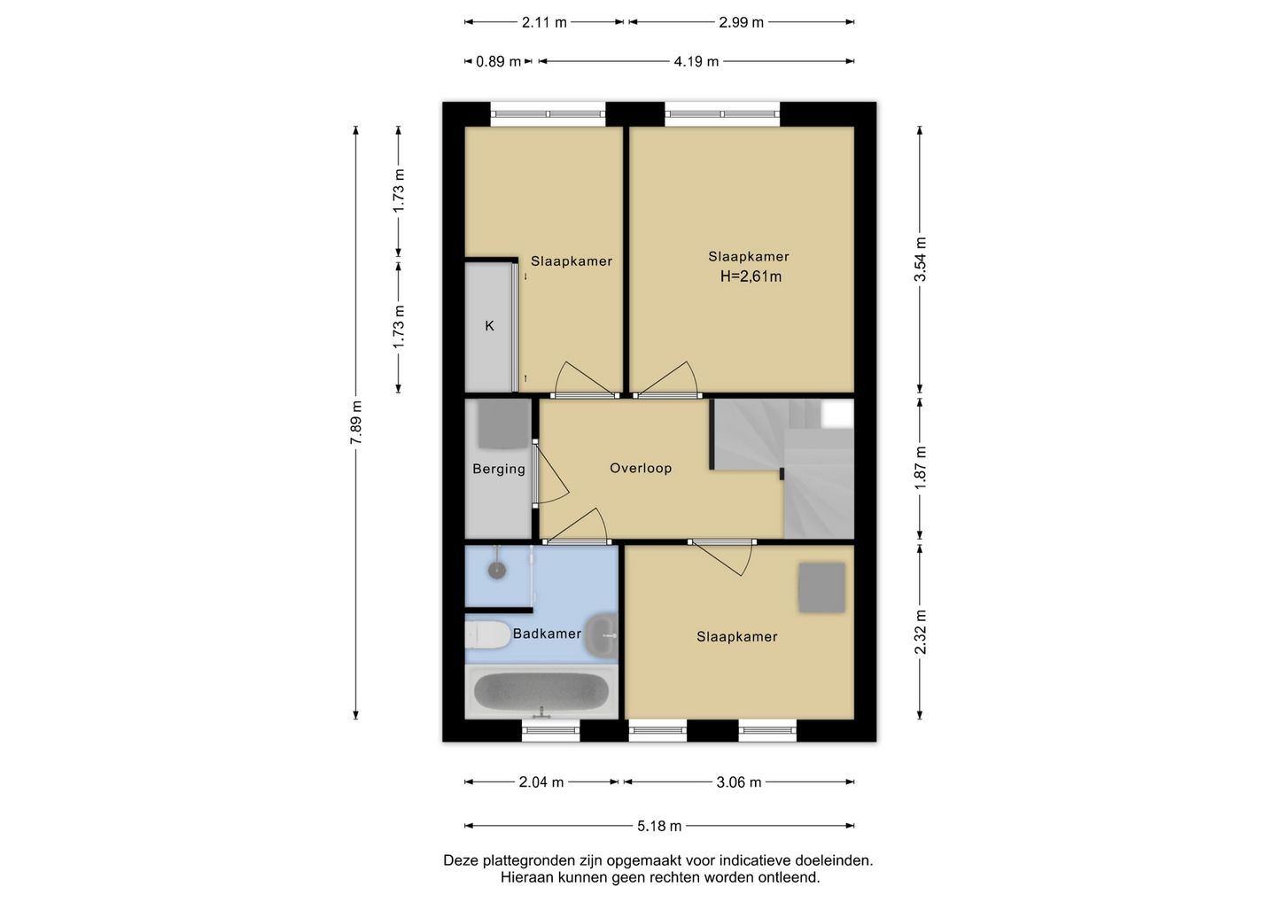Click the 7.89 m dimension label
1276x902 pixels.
pyautogui.click(x=356, y=423)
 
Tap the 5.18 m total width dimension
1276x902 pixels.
pyautogui.click(x=659, y=826)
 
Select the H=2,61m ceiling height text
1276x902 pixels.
pyautogui.click(x=751, y=276)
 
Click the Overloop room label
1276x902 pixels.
pyautogui.click(x=641, y=468)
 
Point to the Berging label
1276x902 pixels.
pyautogui.click(x=499, y=470)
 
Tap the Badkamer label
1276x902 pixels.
pyautogui.click(x=547, y=634)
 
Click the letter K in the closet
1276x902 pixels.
pyautogui.click(x=489, y=326)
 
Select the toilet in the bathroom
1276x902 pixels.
pyautogui.click(x=487, y=634)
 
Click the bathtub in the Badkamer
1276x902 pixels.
pyautogui.click(x=541, y=691)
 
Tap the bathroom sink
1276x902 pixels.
pyautogui.click(x=603, y=635)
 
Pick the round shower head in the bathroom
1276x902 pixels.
pyautogui.click(x=497, y=570)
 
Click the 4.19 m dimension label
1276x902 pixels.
pyautogui.click(x=696, y=61)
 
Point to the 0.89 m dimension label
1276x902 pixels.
pyautogui.click(x=498, y=61)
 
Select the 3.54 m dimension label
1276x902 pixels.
pyautogui.click(x=920, y=259)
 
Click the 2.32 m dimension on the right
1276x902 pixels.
pyautogui.click(x=920, y=632)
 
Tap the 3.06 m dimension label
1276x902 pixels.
pyautogui.click(x=739, y=782)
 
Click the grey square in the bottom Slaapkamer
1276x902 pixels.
pyautogui.click(x=821, y=587)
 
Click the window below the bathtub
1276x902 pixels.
pyautogui.click(x=550, y=730)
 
